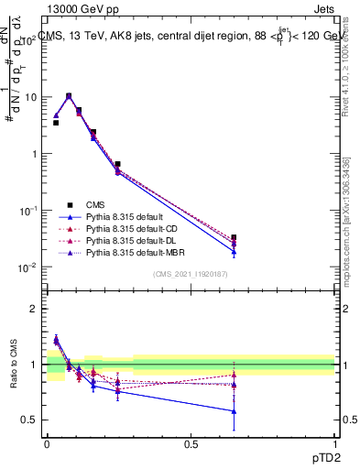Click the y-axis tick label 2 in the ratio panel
click(35, 310)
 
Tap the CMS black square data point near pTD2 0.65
click(234, 237)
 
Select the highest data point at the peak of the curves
click(69, 95)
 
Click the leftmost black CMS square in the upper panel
click(56, 122)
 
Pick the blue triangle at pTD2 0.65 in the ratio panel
click(234, 411)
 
